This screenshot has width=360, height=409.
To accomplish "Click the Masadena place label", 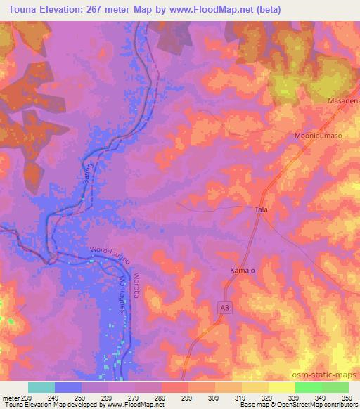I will coord(344,101).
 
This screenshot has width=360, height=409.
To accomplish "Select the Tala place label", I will coord(262,210).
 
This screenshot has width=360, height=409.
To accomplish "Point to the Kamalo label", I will coord(241,270).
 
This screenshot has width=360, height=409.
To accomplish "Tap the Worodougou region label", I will coord(110,256).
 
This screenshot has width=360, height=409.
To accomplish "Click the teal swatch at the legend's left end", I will coord(41,387).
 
